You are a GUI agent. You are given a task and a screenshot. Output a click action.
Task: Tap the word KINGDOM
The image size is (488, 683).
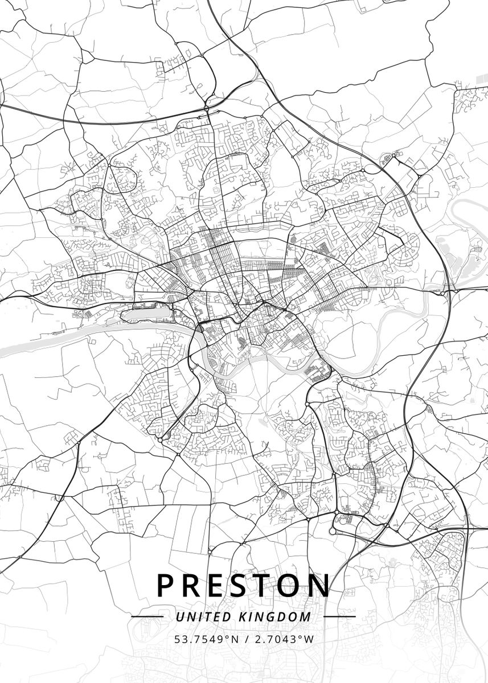[x=275, y=617]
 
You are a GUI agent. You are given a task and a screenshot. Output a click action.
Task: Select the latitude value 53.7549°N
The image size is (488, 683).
[x=206, y=639]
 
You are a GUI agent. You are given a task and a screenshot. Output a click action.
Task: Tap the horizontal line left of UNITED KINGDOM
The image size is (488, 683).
[x=147, y=616]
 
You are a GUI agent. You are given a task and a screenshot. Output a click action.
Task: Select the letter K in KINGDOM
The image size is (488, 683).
[x=243, y=617]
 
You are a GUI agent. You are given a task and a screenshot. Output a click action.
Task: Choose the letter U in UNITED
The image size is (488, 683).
[x=179, y=617]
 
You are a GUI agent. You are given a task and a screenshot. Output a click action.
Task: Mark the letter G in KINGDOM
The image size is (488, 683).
[x=271, y=617]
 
